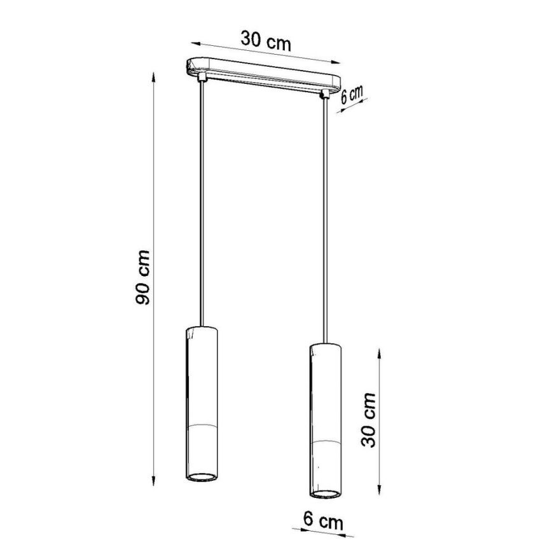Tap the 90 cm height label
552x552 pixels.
click(143, 277)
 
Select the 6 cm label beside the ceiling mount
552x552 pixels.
click(351, 95)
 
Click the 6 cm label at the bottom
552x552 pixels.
click(322, 522)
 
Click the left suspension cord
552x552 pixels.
click(202, 204)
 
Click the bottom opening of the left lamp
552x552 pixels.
click(203, 477)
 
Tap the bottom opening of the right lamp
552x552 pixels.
click(326, 492)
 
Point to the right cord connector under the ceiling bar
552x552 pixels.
click(326, 93)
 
